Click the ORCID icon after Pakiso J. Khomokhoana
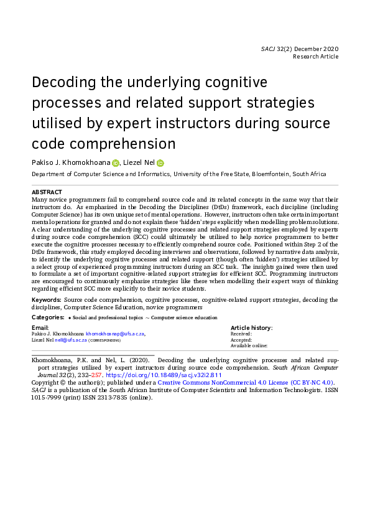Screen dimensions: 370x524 coord(115,163)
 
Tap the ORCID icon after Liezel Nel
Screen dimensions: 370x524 coord(160,163)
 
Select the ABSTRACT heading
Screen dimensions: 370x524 coord(47,192)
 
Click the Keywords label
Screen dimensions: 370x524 coord(46,300)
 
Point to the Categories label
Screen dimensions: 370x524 coord(48,317)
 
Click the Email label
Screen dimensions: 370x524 coord(40,327)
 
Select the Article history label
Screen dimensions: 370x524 coord(251,327)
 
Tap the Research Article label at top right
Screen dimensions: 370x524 coord(316,57)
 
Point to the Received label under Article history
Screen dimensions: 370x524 coord(241,334)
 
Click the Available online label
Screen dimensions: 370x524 coord(249,346)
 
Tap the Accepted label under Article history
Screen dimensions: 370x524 coord(241,340)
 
